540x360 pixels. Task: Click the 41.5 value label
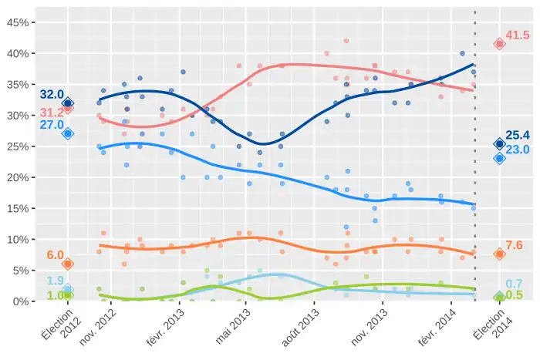point(517,35)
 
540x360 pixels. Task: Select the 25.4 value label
point(517,136)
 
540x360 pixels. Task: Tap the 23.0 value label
point(517,150)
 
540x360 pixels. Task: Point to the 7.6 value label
point(515,245)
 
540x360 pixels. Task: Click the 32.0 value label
point(52,95)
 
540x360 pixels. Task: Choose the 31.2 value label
point(52,113)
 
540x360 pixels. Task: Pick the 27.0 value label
point(52,125)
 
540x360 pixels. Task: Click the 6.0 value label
point(55,255)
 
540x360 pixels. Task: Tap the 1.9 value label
point(55,281)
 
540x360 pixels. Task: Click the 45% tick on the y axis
point(18,23)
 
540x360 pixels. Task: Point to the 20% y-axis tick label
point(18,177)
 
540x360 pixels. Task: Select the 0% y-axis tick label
point(21,301)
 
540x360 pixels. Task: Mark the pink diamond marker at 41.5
point(499,44)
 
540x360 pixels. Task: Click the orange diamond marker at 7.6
point(499,254)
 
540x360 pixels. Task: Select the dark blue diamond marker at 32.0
point(68,103)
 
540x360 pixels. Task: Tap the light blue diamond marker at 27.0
point(68,133)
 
